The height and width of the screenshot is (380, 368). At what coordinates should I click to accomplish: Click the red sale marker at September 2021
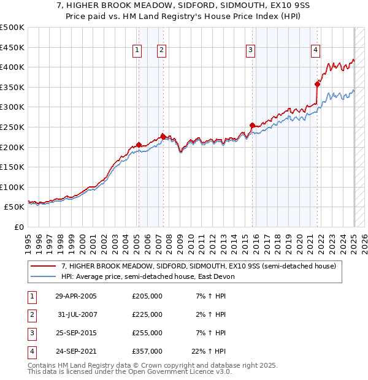tap(318, 84)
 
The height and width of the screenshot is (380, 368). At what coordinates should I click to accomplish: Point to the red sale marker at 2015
tap(253, 125)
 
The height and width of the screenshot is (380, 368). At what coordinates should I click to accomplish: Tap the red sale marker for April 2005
tap(139, 145)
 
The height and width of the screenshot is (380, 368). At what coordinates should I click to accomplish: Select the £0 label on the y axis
tap(18, 227)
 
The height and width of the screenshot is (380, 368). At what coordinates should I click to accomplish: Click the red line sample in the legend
tap(44, 267)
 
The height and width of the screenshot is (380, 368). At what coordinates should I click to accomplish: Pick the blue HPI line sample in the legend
tap(44, 276)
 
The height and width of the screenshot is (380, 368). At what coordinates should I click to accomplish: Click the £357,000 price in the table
tap(147, 351)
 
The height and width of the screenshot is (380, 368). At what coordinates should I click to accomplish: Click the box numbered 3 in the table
tap(30, 333)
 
